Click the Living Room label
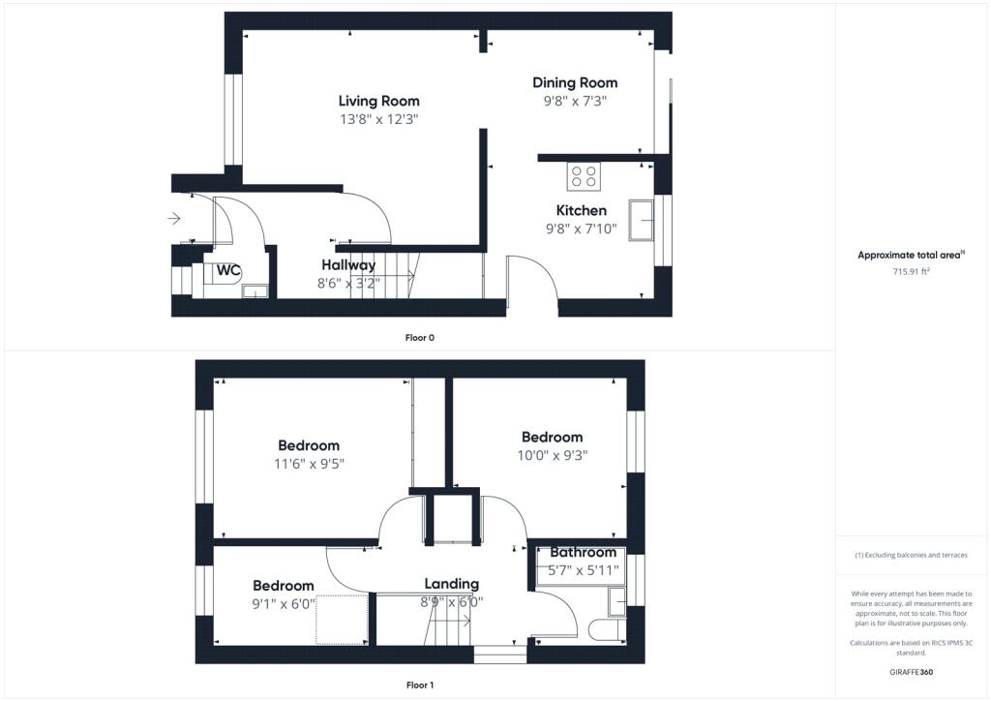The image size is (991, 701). point(378,101)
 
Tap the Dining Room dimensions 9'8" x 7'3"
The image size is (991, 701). point(575,101)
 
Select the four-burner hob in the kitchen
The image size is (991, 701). point(585,175)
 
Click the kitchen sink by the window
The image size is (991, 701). point(641,220)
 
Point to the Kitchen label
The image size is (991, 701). point(581,210)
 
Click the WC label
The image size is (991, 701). point(228,270)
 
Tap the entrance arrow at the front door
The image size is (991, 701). point(174,219)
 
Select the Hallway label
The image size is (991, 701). point(348,265)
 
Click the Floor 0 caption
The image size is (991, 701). point(419,338)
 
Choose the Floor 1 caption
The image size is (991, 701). point(419,686)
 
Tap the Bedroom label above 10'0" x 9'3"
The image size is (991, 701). point(552,437)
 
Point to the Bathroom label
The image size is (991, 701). point(583,552)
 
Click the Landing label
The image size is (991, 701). point(451,584)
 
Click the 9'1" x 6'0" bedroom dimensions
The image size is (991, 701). point(284,603)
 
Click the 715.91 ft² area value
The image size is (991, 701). point(912,272)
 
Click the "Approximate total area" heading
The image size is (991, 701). point(911,256)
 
